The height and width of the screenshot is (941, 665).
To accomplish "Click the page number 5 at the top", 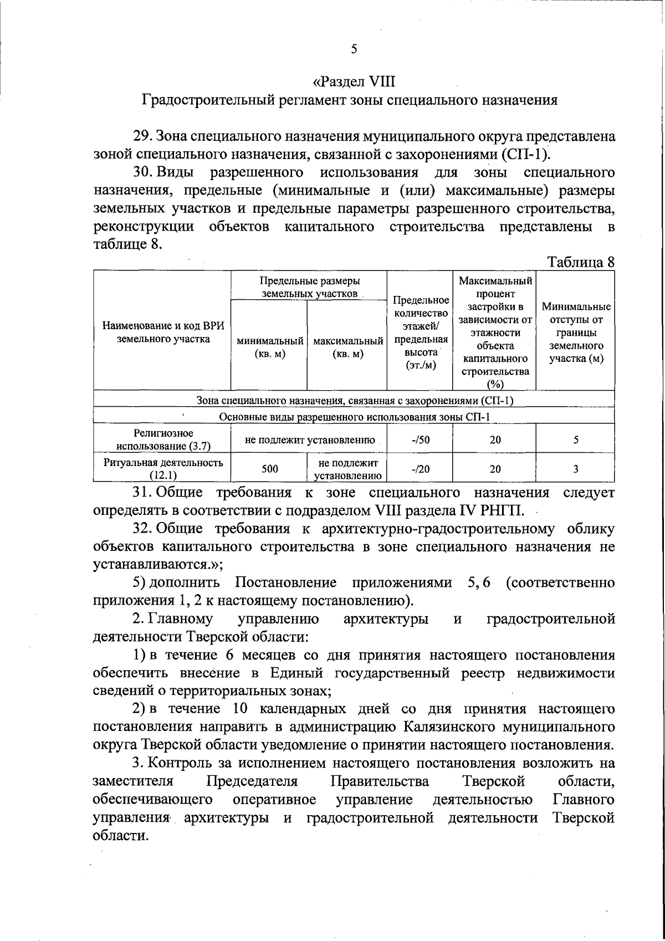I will [x=354, y=49].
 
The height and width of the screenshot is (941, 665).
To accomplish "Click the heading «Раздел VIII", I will [x=354, y=81].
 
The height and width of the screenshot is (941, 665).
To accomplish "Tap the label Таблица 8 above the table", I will [x=581, y=262].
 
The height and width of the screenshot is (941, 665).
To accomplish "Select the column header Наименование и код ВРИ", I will [x=163, y=332].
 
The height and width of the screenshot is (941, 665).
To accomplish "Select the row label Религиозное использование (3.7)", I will [x=163, y=439].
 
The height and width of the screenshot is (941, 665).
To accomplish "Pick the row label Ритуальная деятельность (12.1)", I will [x=163, y=468].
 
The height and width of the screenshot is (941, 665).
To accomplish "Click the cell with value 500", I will [x=269, y=469].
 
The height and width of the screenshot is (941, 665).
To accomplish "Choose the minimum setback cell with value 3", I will [x=576, y=469].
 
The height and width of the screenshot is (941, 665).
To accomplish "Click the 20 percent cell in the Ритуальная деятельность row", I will [x=495, y=469].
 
